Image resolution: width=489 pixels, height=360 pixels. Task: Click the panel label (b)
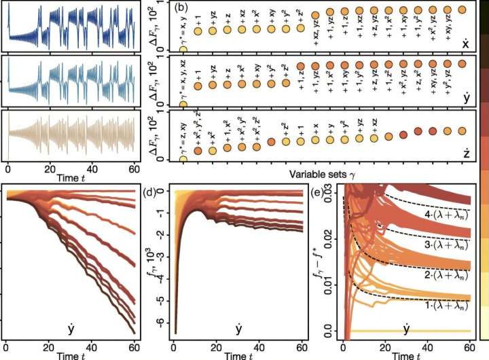tap(181, 8)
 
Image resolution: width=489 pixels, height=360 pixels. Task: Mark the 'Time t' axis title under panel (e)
tap(405, 354)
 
